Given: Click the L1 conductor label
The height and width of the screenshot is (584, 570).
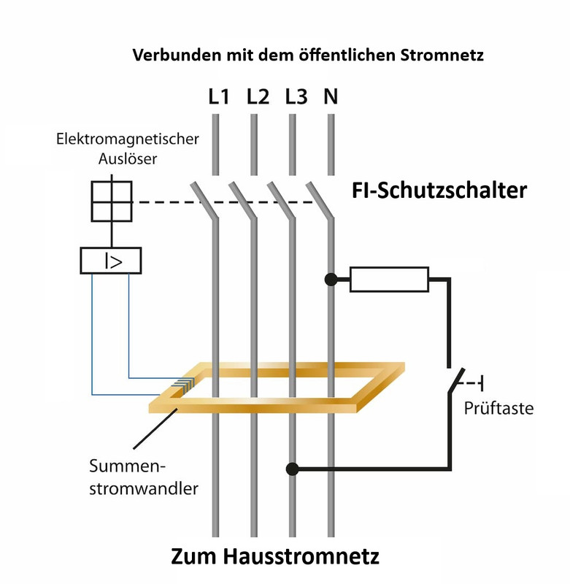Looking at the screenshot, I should (217, 96).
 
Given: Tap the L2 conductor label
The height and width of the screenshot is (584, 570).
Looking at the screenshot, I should (258, 96).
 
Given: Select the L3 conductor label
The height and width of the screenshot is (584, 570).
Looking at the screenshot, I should (296, 96).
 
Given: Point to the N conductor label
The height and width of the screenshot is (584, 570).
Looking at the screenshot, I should (331, 96).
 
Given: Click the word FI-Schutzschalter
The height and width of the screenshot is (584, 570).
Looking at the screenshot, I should (436, 191).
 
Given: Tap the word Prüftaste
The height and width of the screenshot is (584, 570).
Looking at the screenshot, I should (498, 408).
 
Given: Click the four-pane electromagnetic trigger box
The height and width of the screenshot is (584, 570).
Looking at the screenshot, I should (111, 201).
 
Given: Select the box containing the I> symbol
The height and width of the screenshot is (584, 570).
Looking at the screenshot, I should (110, 261).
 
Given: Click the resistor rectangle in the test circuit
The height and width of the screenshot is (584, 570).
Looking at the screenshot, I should (389, 280).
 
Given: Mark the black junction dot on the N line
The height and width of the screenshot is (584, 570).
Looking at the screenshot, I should (331, 279).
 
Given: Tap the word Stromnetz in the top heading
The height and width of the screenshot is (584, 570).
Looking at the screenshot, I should (442, 55).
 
